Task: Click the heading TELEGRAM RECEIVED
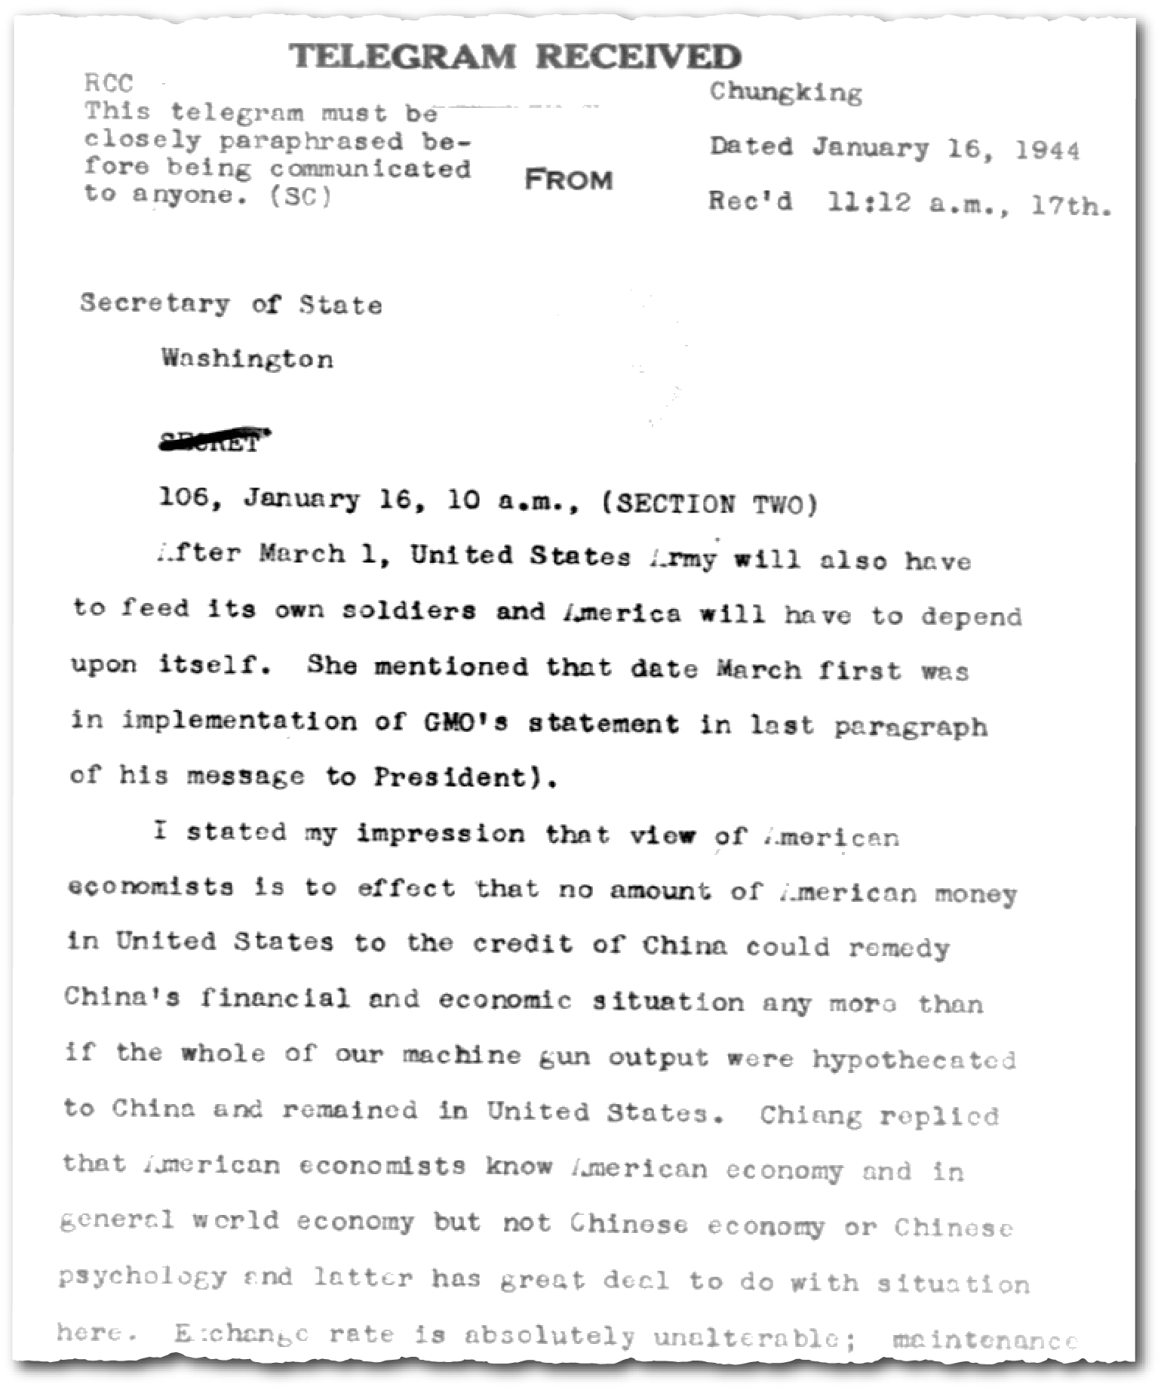515,57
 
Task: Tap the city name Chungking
785,93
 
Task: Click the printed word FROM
568,180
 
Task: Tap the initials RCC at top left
109,83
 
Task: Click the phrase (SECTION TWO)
709,503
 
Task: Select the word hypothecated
914,1059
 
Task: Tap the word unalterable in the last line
754,1336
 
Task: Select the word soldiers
409,610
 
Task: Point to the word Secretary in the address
155,303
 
